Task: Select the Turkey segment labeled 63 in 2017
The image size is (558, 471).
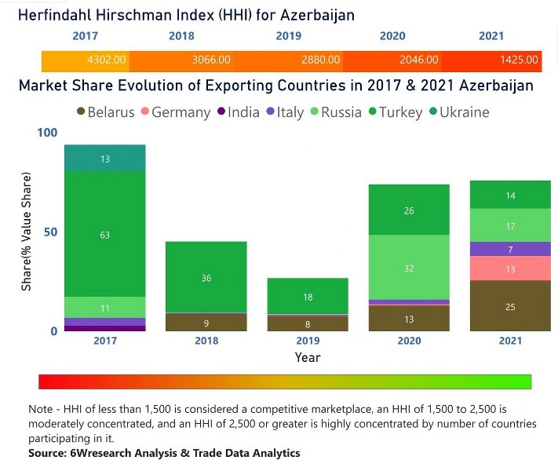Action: click(x=104, y=233)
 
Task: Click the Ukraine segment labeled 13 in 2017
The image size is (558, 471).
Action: click(x=104, y=159)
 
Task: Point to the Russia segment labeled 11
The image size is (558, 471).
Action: click(x=104, y=307)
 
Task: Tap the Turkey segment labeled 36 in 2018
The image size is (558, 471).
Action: click(x=207, y=277)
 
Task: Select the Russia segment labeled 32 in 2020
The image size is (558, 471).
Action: click(x=409, y=268)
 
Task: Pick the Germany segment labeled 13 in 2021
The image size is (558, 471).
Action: click(x=511, y=268)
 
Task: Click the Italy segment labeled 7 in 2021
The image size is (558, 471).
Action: click(x=511, y=249)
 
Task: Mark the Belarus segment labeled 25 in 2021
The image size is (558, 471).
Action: click(x=511, y=306)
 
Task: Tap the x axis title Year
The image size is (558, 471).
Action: click(x=307, y=357)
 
